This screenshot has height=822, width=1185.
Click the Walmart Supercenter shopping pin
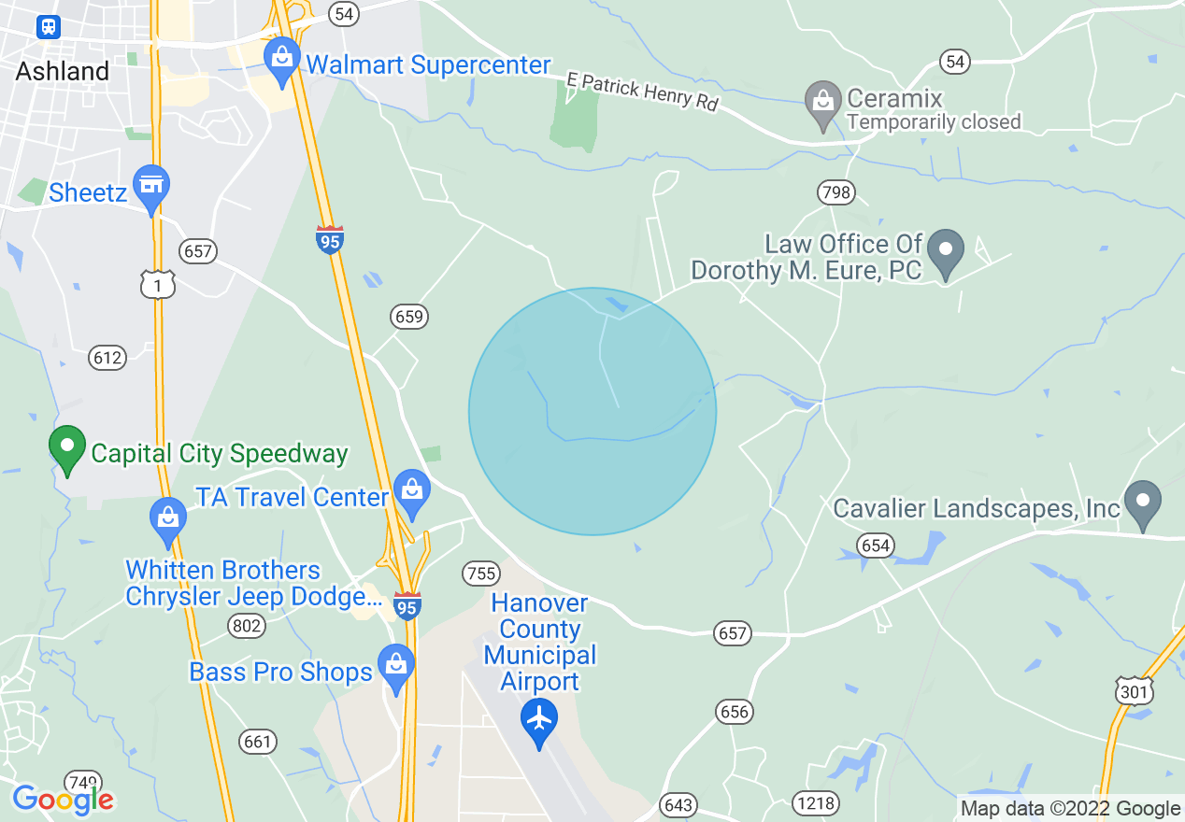click(x=280, y=58)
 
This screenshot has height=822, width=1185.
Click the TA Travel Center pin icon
click(x=410, y=491)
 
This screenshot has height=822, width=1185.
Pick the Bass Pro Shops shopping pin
click(x=396, y=667)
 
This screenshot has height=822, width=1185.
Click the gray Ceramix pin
click(x=822, y=103)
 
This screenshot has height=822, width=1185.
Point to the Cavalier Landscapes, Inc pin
click(x=1142, y=503)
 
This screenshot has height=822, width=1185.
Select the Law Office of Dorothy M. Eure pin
click(x=946, y=252)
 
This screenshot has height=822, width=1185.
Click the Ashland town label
click(x=63, y=71)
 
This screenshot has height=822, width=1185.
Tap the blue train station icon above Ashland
click(x=48, y=27)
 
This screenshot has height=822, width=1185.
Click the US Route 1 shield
click(x=159, y=284)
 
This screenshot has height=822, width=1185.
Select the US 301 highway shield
click(x=1135, y=690)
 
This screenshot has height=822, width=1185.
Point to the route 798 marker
click(x=835, y=193)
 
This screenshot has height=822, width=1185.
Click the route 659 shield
click(x=409, y=317)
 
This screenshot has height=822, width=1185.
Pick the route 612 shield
click(x=107, y=357)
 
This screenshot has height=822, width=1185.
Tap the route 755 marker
click(x=481, y=572)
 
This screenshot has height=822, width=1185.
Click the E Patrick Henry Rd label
click(x=643, y=92)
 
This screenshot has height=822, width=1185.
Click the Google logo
click(x=63, y=800)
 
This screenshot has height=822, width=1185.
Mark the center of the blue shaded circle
click(x=592, y=411)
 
